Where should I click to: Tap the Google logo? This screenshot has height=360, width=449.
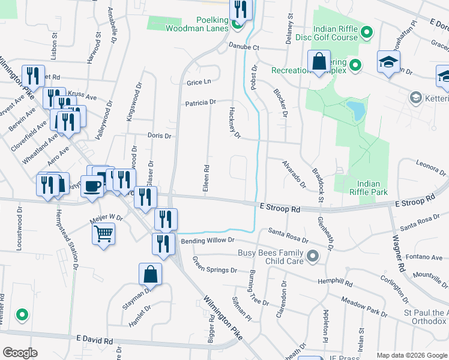pyautogui.click(x=20, y=353)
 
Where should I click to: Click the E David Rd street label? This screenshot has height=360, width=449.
pyautogui.click(x=95, y=340)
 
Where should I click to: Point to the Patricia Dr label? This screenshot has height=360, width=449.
pyautogui.click(x=200, y=103)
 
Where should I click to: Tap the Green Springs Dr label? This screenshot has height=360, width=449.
pyautogui.click(x=214, y=265)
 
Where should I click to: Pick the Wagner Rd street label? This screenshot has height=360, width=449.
pyautogui.click(x=397, y=251)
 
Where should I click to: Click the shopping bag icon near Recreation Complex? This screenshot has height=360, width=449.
pyautogui.click(x=319, y=62)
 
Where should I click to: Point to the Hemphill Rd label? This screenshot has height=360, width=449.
pyautogui.click(x=336, y=281)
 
